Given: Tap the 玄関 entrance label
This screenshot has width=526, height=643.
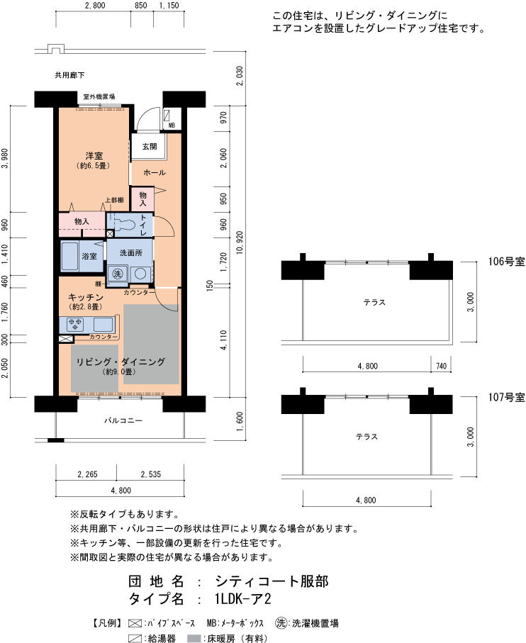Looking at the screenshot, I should point(149,147).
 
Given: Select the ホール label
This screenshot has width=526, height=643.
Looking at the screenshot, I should point(154,173).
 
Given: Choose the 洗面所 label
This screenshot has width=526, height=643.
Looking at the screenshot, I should point(130,252).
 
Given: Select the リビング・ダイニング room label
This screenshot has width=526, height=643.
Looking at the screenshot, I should point(120,362).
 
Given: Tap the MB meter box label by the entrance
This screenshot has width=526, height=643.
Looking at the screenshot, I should point(171,125).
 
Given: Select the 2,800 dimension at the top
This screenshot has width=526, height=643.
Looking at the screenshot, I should point(94,6).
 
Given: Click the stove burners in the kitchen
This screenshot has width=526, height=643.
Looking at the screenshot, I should point(75,325).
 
